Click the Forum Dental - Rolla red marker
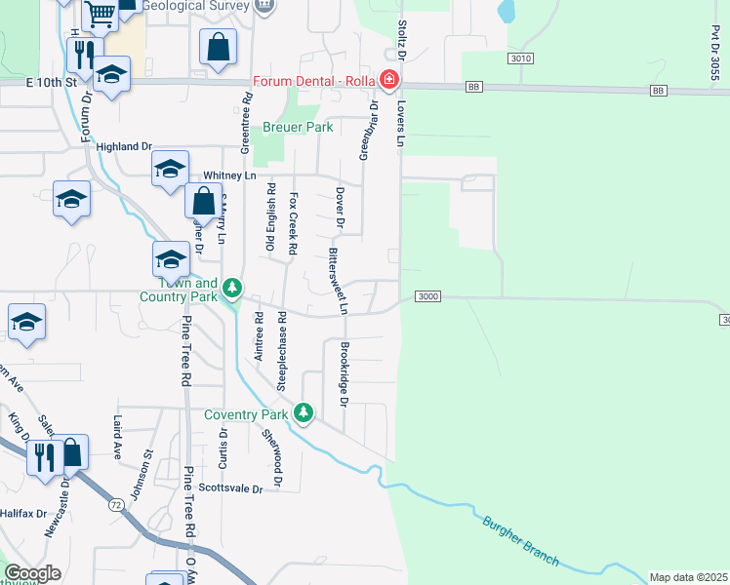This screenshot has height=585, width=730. click(x=389, y=80)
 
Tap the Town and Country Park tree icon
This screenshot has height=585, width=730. click(x=232, y=288)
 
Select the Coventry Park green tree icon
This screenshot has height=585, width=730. click(x=304, y=413)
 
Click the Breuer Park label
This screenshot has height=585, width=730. click(x=298, y=127)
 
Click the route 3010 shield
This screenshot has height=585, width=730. click(x=521, y=58)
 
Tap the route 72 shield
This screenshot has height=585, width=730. click(x=117, y=504)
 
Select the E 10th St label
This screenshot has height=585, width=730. click(x=52, y=84)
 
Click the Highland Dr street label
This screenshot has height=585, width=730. click(x=125, y=147)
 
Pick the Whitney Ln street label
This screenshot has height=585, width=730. click(x=228, y=176)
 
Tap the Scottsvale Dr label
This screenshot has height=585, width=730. click(x=230, y=488)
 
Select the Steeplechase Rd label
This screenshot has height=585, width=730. click(x=281, y=351)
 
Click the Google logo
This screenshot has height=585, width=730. click(x=32, y=573)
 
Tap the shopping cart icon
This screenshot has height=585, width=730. click(x=99, y=14)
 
